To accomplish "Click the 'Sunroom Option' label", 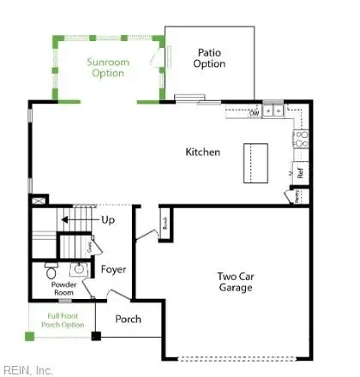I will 108,68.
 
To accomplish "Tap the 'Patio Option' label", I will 210,58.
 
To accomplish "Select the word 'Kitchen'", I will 203,153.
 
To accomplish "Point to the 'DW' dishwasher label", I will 255,112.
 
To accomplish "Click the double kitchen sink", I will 274,111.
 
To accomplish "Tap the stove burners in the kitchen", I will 301,136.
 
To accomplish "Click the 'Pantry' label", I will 297,197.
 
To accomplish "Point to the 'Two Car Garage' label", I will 234,282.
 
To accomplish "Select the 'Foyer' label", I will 114,270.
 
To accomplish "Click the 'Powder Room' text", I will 64,288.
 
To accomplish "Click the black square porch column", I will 96,334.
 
